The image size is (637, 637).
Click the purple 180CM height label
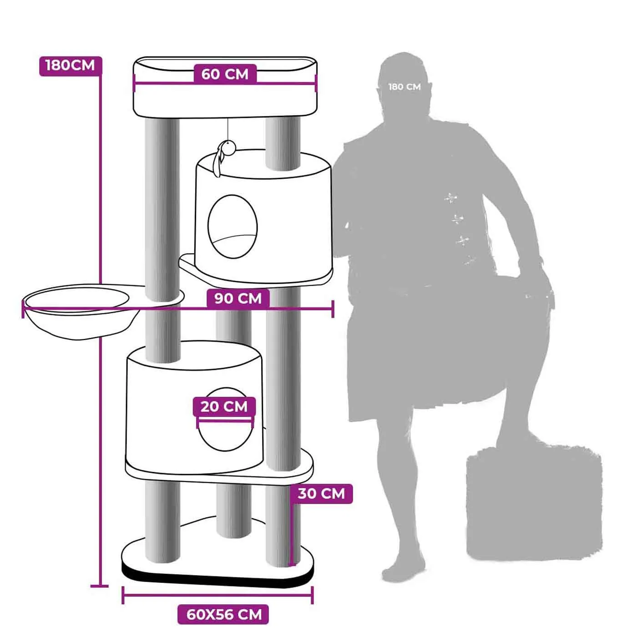point(71,66)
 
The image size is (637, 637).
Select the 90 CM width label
point(238,298)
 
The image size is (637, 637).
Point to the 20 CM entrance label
point(224,407)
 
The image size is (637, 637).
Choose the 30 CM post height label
point(321,494)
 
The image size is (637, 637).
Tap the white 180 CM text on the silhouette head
point(404,87)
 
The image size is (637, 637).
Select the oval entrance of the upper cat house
point(233,227)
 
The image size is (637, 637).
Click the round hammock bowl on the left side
point(79,311)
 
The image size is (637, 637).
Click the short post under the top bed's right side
point(283,144)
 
